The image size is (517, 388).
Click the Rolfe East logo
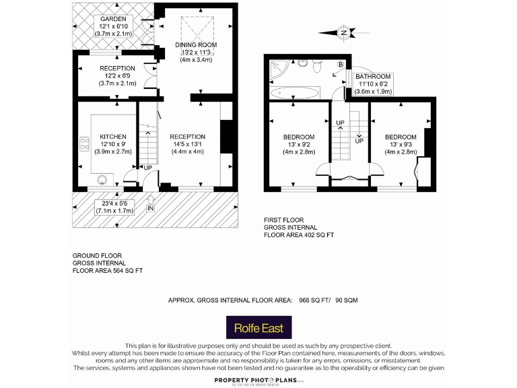(258, 329)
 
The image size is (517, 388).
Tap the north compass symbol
(343, 32)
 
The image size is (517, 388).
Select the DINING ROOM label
(195, 44)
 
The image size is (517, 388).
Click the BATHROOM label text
(373, 77)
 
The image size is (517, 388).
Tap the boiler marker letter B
(341, 64)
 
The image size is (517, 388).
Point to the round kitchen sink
(104, 179)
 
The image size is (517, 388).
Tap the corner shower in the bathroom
(277, 68)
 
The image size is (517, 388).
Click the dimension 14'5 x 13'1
(187, 144)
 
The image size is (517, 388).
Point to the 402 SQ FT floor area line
(299, 235)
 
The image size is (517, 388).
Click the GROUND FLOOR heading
(98, 256)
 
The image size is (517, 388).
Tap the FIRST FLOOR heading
(283, 220)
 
